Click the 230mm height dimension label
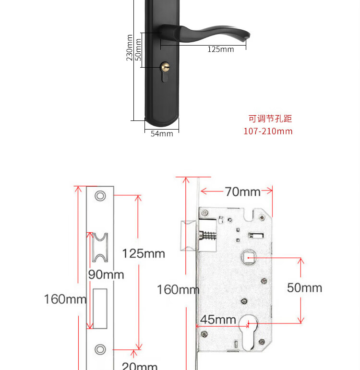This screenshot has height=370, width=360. [x=130, y=48]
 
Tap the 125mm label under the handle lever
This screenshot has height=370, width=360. [x=221, y=49]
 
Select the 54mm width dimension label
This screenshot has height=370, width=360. [x=162, y=134]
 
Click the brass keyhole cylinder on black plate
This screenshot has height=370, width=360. [x=165, y=67]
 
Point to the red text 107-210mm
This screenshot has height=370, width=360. [x=268, y=131]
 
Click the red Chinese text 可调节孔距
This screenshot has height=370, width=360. [x=270, y=119]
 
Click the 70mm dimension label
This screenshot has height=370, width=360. [x=243, y=191]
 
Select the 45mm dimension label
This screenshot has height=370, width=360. [x=218, y=320]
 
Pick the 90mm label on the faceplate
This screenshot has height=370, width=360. [x=106, y=275]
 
